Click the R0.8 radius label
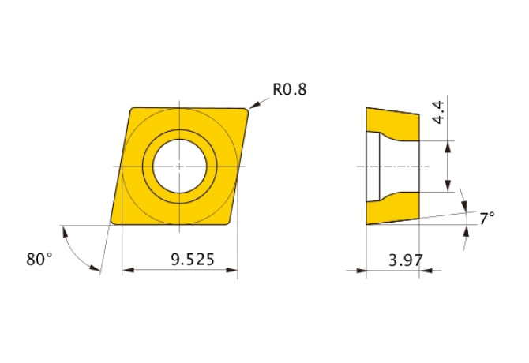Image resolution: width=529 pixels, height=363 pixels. [289, 89]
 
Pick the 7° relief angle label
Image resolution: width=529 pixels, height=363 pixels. [487, 217]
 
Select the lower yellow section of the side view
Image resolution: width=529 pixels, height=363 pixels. [391, 208]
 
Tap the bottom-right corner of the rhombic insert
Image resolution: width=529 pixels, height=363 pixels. [234, 223]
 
